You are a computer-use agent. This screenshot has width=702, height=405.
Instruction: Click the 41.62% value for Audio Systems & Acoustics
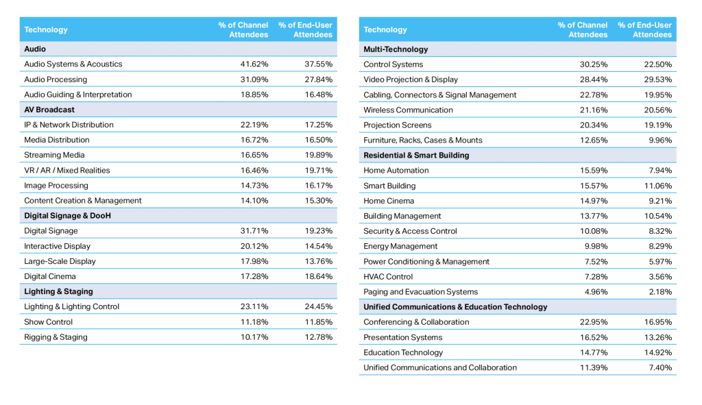(x=254, y=64)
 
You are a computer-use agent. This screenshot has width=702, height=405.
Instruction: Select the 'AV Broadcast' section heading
(x=49, y=110)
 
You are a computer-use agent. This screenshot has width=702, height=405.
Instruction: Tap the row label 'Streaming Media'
(x=54, y=156)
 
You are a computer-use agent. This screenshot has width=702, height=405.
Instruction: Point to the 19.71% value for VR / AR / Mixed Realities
(x=319, y=171)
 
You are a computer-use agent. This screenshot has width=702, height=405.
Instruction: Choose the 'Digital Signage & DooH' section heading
(x=67, y=216)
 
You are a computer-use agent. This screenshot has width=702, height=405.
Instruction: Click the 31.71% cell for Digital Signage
(x=254, y=231)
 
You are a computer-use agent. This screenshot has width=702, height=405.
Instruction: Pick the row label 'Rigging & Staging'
(x=56, y=337)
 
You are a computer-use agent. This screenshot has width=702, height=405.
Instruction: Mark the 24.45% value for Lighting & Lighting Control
(x=319, y=307)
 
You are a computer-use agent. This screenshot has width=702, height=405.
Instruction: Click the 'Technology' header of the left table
(x=46, y=30)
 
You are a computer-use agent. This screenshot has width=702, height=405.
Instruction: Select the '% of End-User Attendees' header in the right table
(x=644, y=30)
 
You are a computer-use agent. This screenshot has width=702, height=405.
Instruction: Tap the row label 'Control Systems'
(x=394, y=64)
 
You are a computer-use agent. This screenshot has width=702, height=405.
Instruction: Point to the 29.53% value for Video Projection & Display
(x=658, y=79)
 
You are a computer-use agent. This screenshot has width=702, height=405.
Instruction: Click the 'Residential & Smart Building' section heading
(x=416, y=156)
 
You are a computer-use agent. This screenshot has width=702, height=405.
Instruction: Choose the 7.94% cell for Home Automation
(x=660, y=171)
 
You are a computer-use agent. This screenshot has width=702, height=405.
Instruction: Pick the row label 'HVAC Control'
(x=388, y=277)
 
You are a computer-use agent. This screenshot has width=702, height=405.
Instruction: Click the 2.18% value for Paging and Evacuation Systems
(x=660, y=292)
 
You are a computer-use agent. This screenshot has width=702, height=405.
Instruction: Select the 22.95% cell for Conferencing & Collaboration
(x=594, y=322)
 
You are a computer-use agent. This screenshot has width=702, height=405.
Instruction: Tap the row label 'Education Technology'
(x=403, y=352)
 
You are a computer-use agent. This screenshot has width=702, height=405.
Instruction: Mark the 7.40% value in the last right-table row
(x=660, y=368)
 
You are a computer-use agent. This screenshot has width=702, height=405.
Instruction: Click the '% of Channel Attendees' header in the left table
(x=243, y=30)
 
